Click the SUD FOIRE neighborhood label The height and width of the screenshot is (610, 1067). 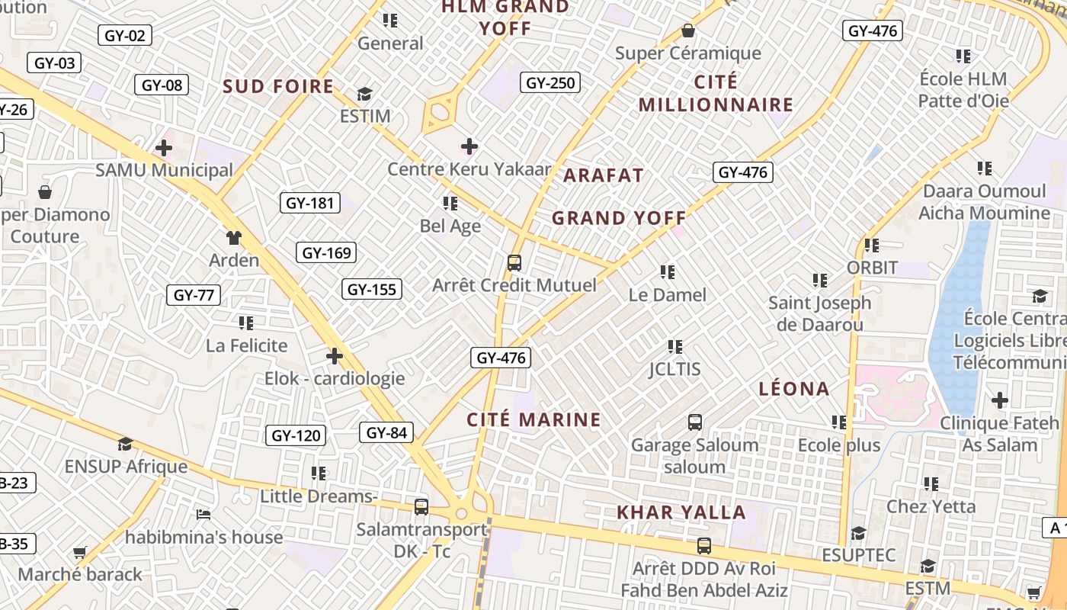[278, 86]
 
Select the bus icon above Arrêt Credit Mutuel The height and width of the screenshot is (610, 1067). [514, 263]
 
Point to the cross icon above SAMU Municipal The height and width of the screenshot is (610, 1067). [164, 148]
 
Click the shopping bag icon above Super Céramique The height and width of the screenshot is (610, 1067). [687, 30]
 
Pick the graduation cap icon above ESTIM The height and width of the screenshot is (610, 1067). [364, 94]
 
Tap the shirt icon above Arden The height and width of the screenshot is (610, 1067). [233, 238]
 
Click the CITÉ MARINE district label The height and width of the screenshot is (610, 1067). [533, 419]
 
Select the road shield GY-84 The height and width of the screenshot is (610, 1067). [386, 433]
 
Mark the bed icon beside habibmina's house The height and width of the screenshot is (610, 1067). [203, 515]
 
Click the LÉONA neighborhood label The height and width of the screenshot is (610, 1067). [794, 389]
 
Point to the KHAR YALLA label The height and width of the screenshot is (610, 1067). [681, 512]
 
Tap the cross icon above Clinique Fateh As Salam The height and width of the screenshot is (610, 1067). [999, 400]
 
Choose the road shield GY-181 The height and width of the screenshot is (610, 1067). [309, 203]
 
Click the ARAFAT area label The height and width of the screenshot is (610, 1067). [604, 175]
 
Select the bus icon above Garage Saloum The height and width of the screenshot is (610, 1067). [694, 422]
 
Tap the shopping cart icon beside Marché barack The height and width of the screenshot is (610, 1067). [79, 552]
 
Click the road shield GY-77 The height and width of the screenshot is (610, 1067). [194, 295]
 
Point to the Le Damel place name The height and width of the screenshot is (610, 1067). [668, 295]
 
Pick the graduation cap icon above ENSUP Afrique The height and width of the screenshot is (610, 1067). [125, 444]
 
